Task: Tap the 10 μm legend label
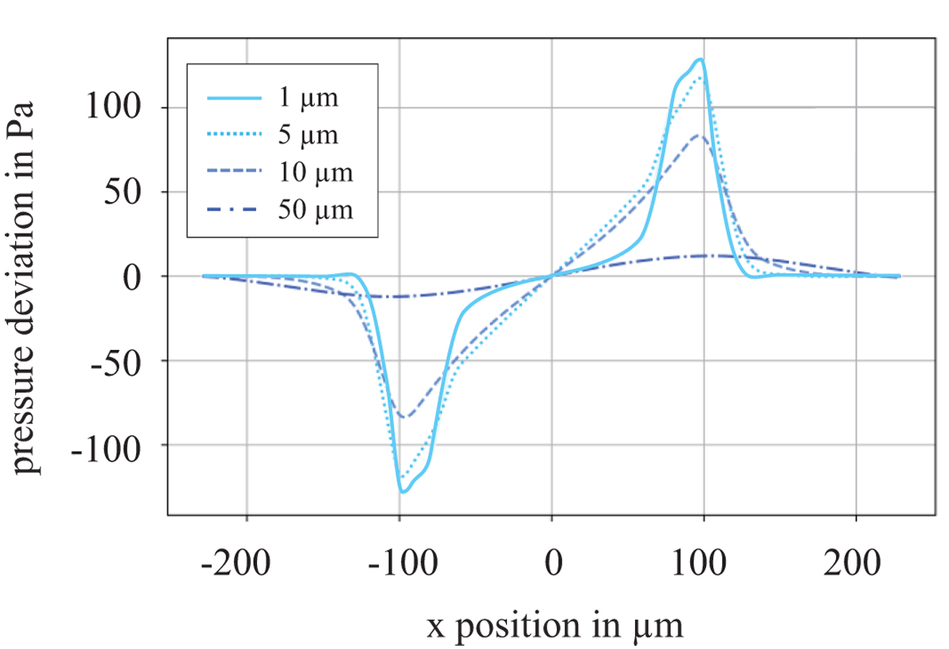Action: [316, 173]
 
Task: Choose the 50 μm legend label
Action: [316, 210]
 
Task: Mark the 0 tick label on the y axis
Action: [142, 276]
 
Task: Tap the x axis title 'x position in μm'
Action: [554, 626]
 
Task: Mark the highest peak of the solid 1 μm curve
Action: [700, 59]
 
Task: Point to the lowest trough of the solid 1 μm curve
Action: [403, 492]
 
